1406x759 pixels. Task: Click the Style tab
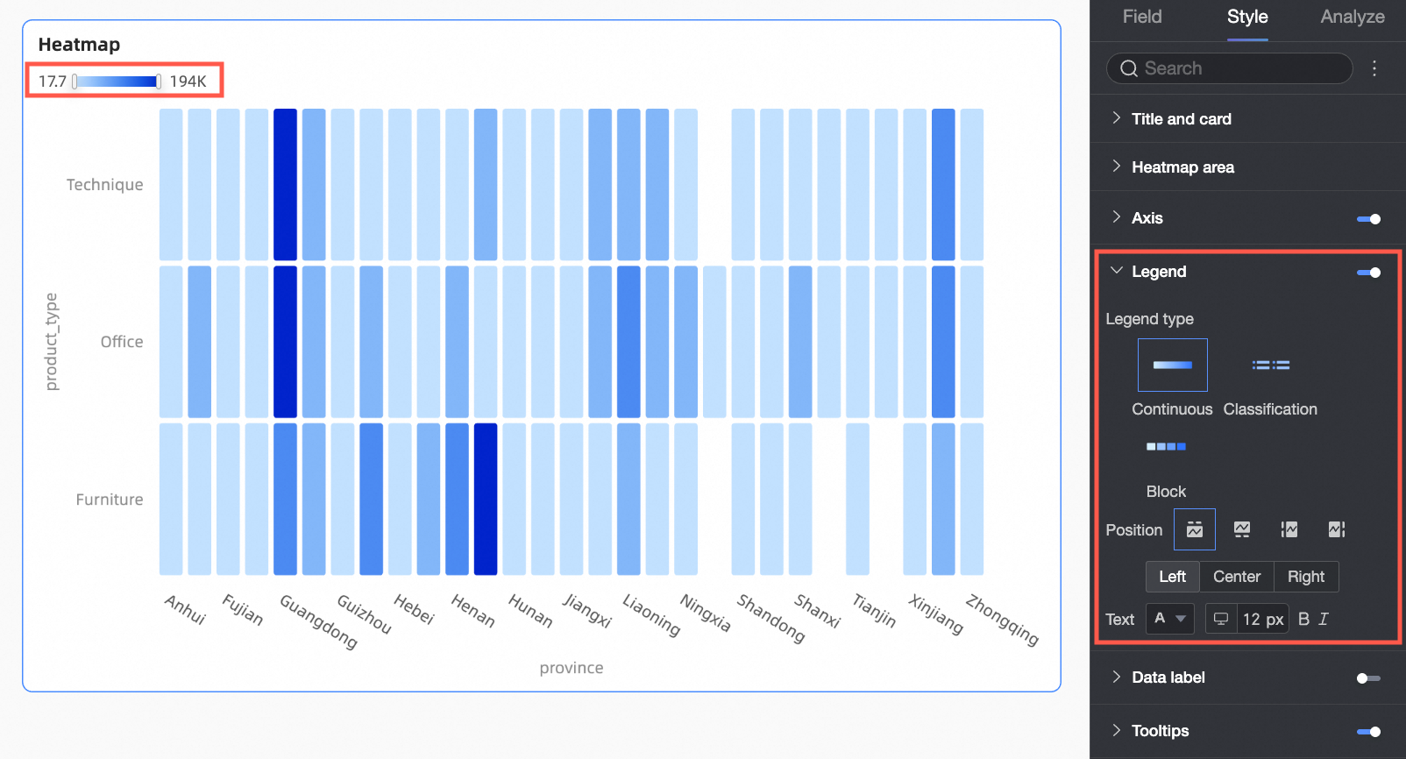point(1246,17)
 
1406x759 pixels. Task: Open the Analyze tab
point(1352,17)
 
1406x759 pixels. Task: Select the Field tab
point(1141,17)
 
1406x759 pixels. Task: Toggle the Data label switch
point(1367,677)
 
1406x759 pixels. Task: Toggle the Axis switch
point(1367,219)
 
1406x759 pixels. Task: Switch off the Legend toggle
point(1367,273)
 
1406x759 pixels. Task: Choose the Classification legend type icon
point(1270,365)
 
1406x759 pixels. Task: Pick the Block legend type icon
point(1166,447)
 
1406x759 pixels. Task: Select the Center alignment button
point(1236,577)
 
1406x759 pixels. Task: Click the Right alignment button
point(1305,577)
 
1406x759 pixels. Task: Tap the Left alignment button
point(1172,577)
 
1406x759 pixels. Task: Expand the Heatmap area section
point(1182,167)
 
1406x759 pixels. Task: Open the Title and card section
point(1181,119)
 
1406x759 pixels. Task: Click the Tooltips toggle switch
point(1367,731)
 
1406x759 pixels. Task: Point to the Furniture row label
point(110,500)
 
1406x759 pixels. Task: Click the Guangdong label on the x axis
point(318,621)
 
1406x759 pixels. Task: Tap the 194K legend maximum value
point(188,82)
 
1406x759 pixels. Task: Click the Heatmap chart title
point(79,45)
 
